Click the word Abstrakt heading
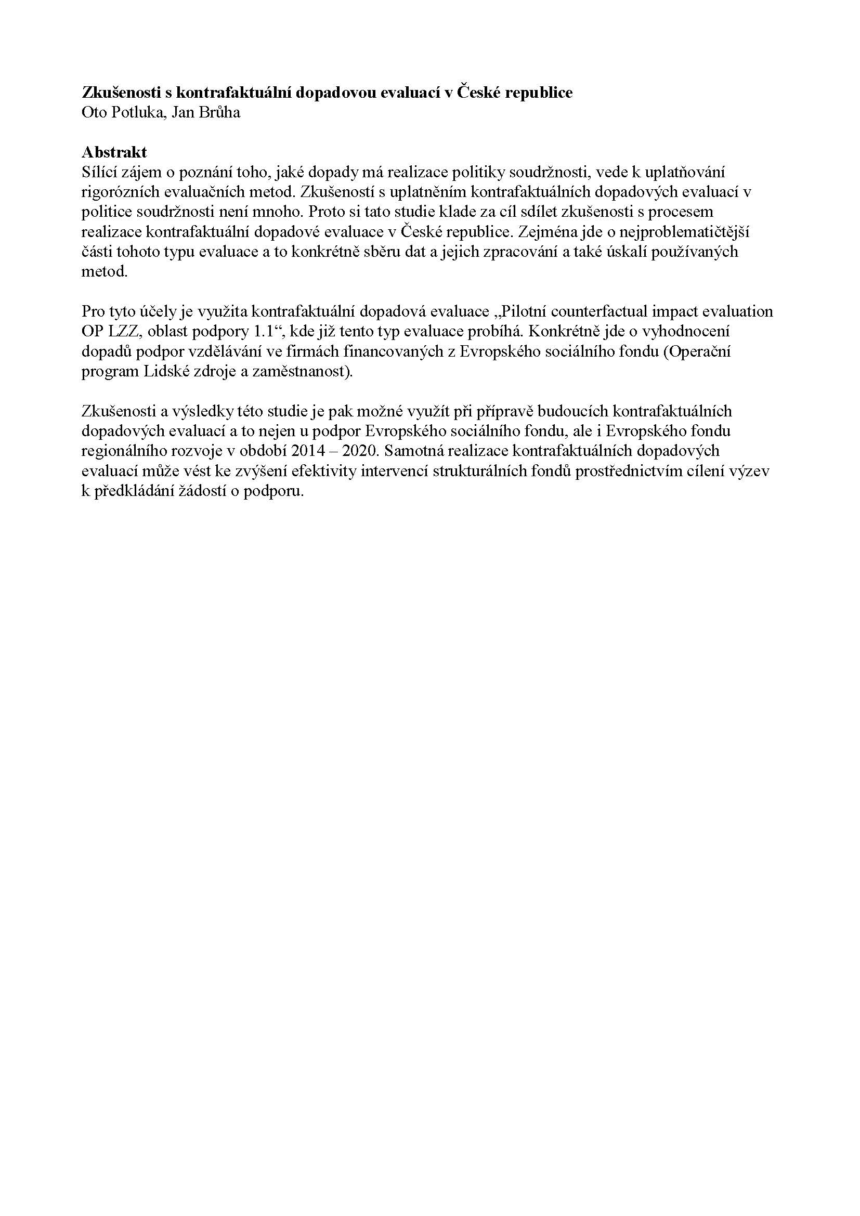114,152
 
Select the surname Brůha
219,113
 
